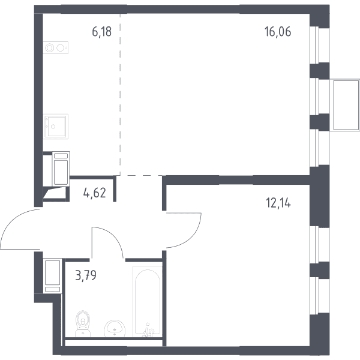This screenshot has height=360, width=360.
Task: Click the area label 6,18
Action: [102, 32]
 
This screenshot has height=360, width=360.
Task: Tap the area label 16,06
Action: [278, 31]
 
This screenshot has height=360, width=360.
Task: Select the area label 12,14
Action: [278, 203]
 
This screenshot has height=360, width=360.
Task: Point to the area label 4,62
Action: [95, 193]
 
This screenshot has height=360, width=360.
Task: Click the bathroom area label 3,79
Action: [86, 275]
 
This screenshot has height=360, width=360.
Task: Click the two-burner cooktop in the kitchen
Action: [56, 48]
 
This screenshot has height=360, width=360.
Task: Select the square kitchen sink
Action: [56, 127]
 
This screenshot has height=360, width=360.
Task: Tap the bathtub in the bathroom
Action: [148, 301]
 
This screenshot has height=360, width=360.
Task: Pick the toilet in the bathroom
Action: [83, 324]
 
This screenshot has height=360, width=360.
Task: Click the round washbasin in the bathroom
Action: [115, 328]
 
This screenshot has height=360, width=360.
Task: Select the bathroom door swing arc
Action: [114, 237]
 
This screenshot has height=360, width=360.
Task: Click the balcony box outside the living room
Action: [344, 105]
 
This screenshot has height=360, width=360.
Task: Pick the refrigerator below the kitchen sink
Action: [61, 169]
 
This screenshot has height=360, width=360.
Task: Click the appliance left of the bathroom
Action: [53, 276]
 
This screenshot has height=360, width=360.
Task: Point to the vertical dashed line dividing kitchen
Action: [120, 94]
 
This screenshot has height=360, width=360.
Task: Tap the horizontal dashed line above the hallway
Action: [141, 176]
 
